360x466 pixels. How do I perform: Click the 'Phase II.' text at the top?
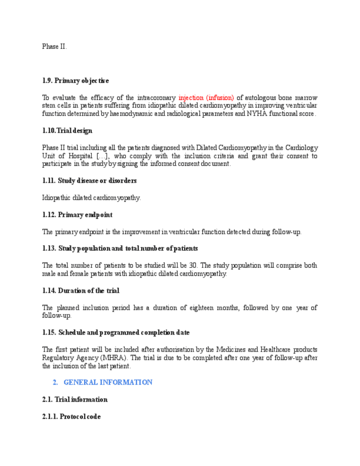pos(54,47)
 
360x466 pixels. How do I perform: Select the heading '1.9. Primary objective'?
pos(75,81)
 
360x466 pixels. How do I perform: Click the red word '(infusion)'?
pos(220,97)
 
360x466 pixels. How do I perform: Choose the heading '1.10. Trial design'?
pos(67,131)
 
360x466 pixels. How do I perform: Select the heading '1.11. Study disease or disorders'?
pos(89,181)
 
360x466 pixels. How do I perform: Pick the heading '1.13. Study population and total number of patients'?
pos(120,249)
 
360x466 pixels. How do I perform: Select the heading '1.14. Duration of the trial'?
pos(80,291)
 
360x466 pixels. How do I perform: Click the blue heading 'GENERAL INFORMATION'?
pos(108,382)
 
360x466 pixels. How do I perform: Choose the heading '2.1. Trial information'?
pos(74,400)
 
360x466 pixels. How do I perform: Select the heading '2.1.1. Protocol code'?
pos(71,417)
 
